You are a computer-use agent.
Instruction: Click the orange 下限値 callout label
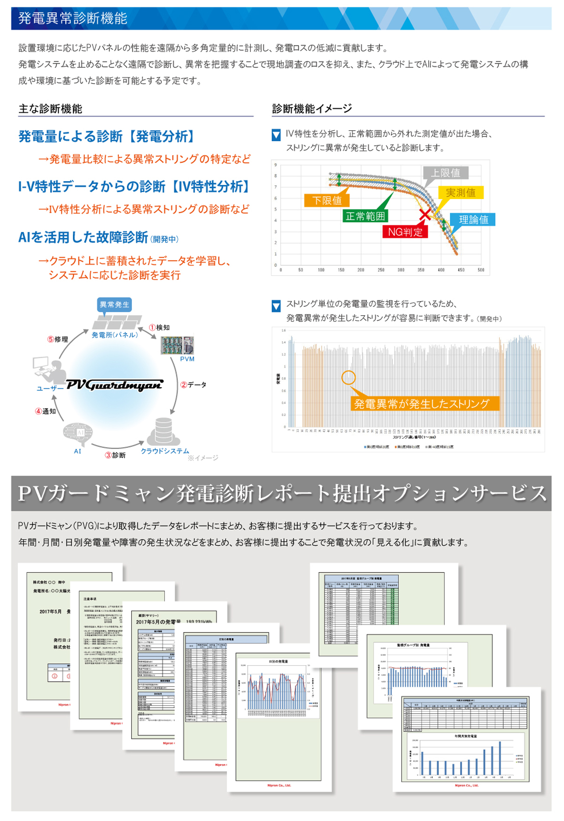(327, 200)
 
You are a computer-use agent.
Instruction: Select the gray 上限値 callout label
(446, 173)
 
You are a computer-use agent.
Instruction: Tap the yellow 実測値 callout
(460, 192)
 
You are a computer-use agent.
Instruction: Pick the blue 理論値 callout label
(473, 220)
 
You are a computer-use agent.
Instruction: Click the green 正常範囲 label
(365, 216)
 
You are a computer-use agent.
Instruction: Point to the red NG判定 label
(405, 232)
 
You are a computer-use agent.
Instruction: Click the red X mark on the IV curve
(425, 214)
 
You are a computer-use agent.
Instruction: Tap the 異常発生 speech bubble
(114, 304)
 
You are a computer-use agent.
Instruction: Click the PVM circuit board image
(177, 345)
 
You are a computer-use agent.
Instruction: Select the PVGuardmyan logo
(114, 385)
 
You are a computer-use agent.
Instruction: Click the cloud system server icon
(164, 431)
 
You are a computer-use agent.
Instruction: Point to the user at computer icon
(50, 370)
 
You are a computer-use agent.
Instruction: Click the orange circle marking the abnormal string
(348, 377)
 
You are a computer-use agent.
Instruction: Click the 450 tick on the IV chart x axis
(461, 270)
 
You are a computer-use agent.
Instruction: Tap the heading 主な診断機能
(50, 109)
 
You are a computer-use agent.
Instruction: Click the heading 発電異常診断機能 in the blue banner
(73, 18)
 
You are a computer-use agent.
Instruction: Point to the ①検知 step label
(160, 327)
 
